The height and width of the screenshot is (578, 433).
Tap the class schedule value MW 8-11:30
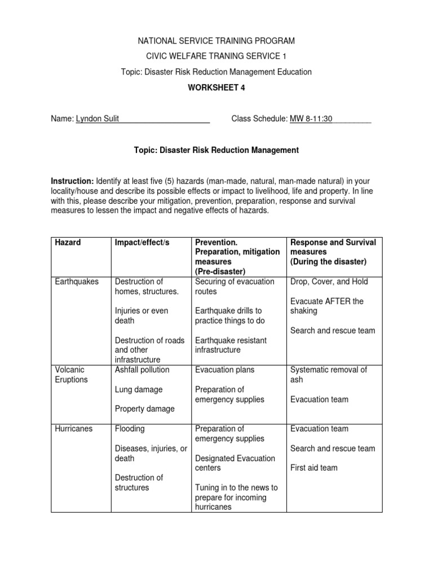coord(312,119)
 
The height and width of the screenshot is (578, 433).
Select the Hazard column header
coord(68,242)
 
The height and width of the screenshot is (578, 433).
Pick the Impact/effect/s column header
coord(142,242)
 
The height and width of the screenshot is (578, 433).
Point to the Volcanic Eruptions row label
coord(71,375)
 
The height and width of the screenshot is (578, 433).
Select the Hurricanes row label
coord(74,428)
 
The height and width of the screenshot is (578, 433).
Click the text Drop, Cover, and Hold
coord(328,282)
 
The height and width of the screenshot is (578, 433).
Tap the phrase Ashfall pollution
coord(142,370)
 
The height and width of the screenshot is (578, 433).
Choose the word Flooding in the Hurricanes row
coord(130,428)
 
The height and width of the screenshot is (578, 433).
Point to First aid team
coord(314,468)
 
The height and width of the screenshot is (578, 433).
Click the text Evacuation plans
coord(224,370)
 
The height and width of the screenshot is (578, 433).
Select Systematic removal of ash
coord(328,375)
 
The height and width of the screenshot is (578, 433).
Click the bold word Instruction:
coord(72,181)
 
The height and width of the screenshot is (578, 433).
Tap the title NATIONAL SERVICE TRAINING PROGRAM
coord(216,41)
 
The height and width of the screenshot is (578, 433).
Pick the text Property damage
coord(144,409)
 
